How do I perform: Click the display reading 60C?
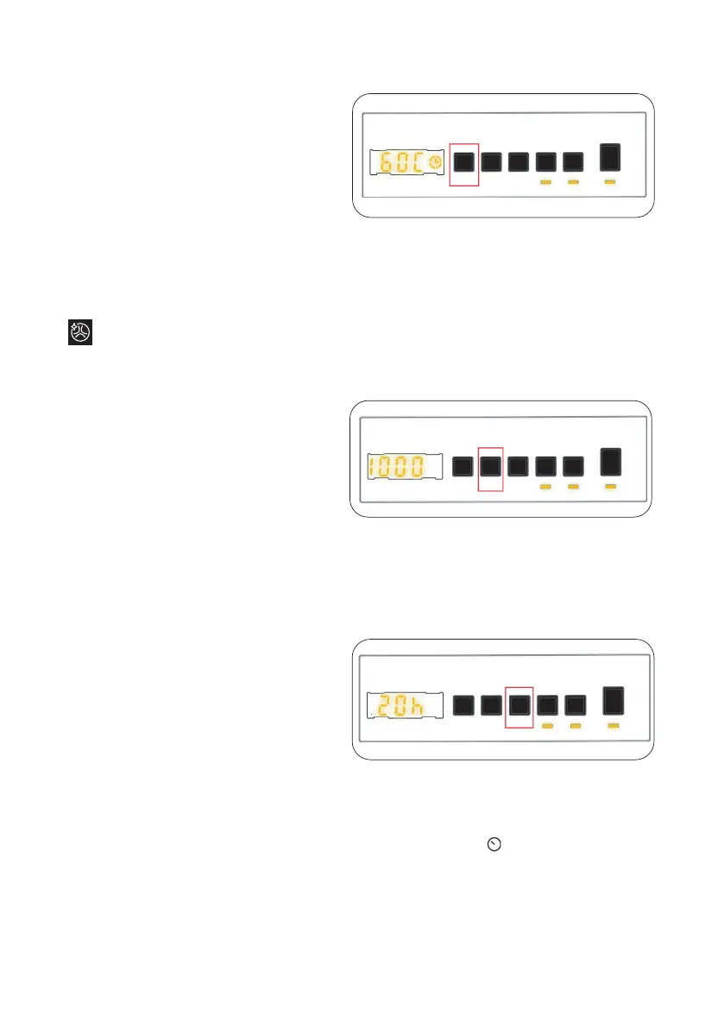pos(407,162)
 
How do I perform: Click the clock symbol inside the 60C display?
pos(436,162)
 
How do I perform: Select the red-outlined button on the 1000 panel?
pos(490,467)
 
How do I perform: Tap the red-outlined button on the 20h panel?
pos(519,705)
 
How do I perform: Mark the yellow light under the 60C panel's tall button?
pos(610,183)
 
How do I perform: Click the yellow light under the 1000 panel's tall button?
pos(610,488)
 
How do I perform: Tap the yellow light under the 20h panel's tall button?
pos(614,727)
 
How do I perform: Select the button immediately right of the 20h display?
pos(463,705)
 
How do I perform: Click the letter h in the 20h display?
pos(417,707)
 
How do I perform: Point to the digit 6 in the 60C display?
pos(383,162)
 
